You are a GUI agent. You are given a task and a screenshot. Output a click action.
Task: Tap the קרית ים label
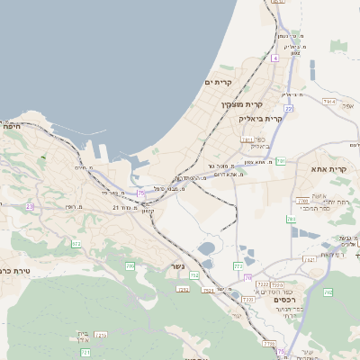219,82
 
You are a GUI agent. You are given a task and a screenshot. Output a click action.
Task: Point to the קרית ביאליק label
260,118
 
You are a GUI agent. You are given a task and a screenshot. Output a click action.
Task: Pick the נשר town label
178,266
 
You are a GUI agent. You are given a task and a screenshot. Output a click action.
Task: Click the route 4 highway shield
274,58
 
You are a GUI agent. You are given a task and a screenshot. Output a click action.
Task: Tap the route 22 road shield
289,108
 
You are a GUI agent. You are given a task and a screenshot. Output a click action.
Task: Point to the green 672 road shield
76,244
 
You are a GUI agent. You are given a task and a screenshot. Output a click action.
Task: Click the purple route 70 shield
248,277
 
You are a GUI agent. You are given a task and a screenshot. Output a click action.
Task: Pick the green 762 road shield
328,292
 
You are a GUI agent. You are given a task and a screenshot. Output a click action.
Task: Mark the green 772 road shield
238,266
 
